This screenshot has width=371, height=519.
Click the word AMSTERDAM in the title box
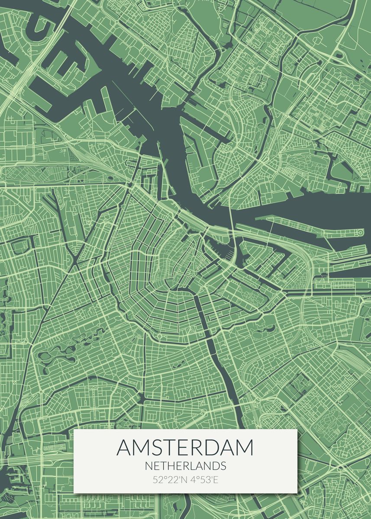pos(185,448)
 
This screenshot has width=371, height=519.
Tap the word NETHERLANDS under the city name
pos(185,466)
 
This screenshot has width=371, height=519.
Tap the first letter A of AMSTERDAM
pos(124,448)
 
